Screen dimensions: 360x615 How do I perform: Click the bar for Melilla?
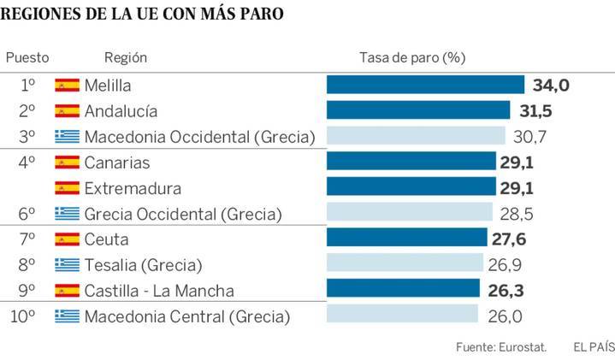point(425,85)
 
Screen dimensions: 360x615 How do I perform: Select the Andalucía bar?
point(420,110)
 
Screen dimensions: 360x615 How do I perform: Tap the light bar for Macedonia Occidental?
point(416,136)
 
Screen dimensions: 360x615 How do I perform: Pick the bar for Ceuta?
point(407,239)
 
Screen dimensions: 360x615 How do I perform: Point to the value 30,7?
point(529,136)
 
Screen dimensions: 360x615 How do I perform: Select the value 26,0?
point(505,316)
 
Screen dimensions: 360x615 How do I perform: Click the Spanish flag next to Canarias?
point(67,162)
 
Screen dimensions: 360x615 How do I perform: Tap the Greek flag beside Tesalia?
point(67,264)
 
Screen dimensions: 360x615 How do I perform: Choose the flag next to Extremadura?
point(67,187)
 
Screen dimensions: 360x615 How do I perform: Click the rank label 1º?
point(27,85)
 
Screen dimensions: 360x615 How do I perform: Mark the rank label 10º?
point(23,316)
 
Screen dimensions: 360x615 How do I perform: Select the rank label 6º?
point(27,213)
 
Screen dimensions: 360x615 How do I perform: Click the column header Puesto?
point(27,57)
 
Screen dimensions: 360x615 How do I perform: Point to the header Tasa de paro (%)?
point(411,57)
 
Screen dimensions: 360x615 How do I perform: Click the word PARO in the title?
point(257,15)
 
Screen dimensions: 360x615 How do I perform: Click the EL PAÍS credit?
point(593,346)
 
